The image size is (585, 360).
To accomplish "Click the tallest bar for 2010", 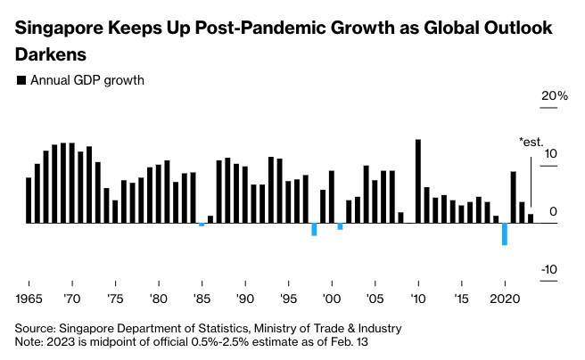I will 418,181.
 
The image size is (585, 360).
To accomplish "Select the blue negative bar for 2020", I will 505,233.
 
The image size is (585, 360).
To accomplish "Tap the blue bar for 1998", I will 314,229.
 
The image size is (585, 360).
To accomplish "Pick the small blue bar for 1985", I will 202,225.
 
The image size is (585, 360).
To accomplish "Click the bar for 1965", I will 29,200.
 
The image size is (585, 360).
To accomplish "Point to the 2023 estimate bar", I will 531,218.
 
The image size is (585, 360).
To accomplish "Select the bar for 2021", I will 514,197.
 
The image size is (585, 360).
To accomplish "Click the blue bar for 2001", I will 340,226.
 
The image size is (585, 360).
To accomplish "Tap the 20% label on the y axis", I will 544,96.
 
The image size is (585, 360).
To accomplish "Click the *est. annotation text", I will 531,141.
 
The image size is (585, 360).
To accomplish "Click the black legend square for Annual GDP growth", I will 21,80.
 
